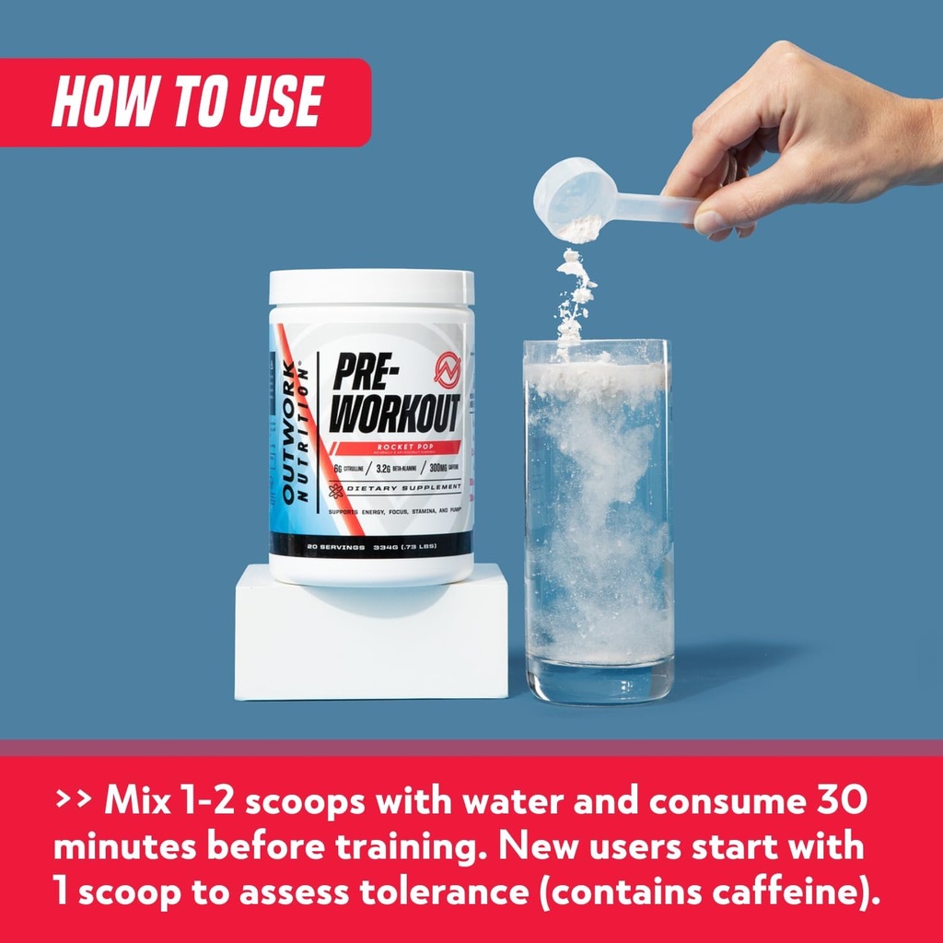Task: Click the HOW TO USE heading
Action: click(187, 101)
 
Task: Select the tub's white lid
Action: click(371, 288)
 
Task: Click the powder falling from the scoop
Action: click(574, 295)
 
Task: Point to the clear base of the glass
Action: click(599, 683)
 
